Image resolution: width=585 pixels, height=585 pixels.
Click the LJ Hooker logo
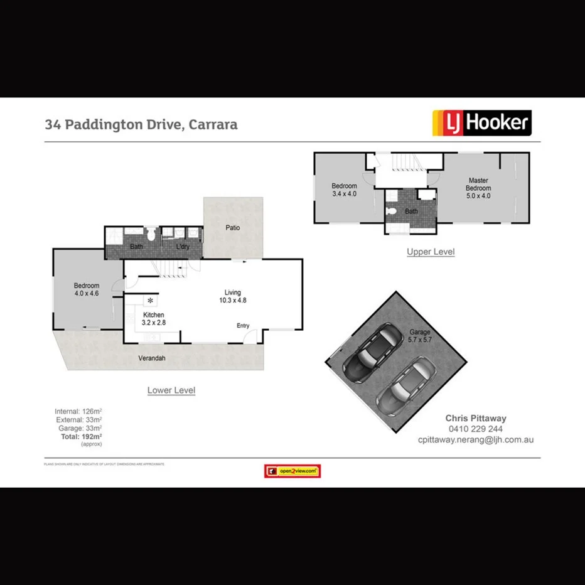pyautogui.click(x=481, y=123)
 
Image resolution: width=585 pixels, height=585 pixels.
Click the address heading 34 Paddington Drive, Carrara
pyautogui.click(x=141, y=124)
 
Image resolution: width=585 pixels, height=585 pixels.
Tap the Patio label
pyautogui.click(x=233, y=228)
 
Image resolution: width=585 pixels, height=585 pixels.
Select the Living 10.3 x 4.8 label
pyautogui.click(x=233, y=296)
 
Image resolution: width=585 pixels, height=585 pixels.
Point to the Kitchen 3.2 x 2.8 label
pyautogui.click(x=154, y=319)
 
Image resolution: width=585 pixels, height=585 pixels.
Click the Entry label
pyautogui.click(x=243, y=326)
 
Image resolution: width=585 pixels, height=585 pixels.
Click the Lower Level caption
pyautogui.click(x=171, y=390)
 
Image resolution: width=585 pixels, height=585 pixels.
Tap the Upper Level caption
pyautogui.click(x=431, y=252)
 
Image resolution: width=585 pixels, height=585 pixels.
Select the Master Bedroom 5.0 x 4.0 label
pyautogui.click(x=478, y=188)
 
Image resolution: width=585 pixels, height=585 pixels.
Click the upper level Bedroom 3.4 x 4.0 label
pyautogui.click(x=344, y=190)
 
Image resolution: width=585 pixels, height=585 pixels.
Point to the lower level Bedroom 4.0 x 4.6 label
pyautogui.click(x=87, y=289)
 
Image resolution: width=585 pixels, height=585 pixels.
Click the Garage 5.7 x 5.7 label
pyautogui.click(x=421, y=336)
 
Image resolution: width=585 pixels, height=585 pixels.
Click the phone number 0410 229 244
pyautogui.click(x=475, y=429)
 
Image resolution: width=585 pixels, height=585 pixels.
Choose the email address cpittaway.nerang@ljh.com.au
pyautogui.click(x=475, y=440)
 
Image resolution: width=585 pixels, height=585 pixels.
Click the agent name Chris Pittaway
pyautogui.click(x=475, y=418)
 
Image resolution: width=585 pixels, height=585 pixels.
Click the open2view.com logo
pyautogui.click(x=292, y=471)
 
